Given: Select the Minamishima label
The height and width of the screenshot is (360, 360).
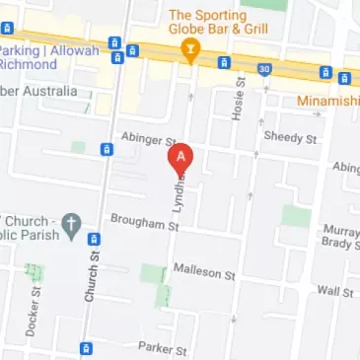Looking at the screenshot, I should pos(327,101).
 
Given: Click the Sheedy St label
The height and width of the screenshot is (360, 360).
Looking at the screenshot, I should pos(288,139).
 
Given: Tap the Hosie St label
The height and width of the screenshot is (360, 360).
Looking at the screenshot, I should pos(237,100).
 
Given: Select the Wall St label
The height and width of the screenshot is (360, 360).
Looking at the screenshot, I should pos(335,291).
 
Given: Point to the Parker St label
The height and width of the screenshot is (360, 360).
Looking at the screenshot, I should pos(162,348).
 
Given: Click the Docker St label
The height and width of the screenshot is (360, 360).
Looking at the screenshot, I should pos(34,312).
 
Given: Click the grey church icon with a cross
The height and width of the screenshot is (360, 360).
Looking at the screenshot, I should pos(70,226).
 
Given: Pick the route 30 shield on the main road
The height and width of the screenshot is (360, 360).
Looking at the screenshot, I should pos(264,68).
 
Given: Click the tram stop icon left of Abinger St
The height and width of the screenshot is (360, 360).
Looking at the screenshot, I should pos(108,151).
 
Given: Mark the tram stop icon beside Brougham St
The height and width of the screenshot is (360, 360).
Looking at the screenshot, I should pos(94,239).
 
